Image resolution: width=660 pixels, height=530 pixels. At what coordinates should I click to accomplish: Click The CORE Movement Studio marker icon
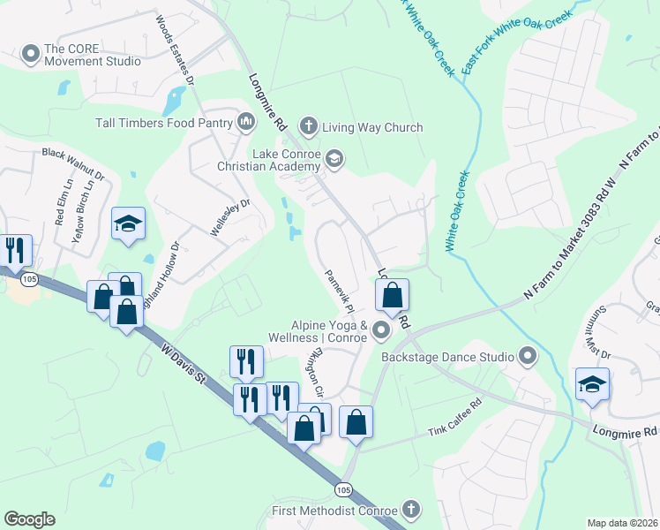pyautogui.click(x=32, y=55)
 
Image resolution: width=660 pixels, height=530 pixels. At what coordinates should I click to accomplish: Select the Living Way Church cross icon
pyautogui.click(x=309, y=126)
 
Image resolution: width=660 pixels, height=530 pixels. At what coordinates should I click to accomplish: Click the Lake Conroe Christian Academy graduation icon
pyautogui.click(x=334, y=159)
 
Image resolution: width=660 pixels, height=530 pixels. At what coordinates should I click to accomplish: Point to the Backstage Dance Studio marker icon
pyautogui.click(x=528, y=357)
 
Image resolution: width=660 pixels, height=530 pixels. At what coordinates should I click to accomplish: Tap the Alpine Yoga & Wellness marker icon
pyautogui.click(x=381, y=331)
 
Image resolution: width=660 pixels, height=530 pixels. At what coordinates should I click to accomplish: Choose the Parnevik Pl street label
pyautogui.click(x=339, y=291)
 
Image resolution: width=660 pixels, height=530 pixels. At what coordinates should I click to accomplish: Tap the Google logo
pyautogui.click(x=29, y=519)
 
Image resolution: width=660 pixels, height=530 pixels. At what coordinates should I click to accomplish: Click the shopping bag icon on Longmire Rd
pyautogui.click(x=393, y=295)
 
